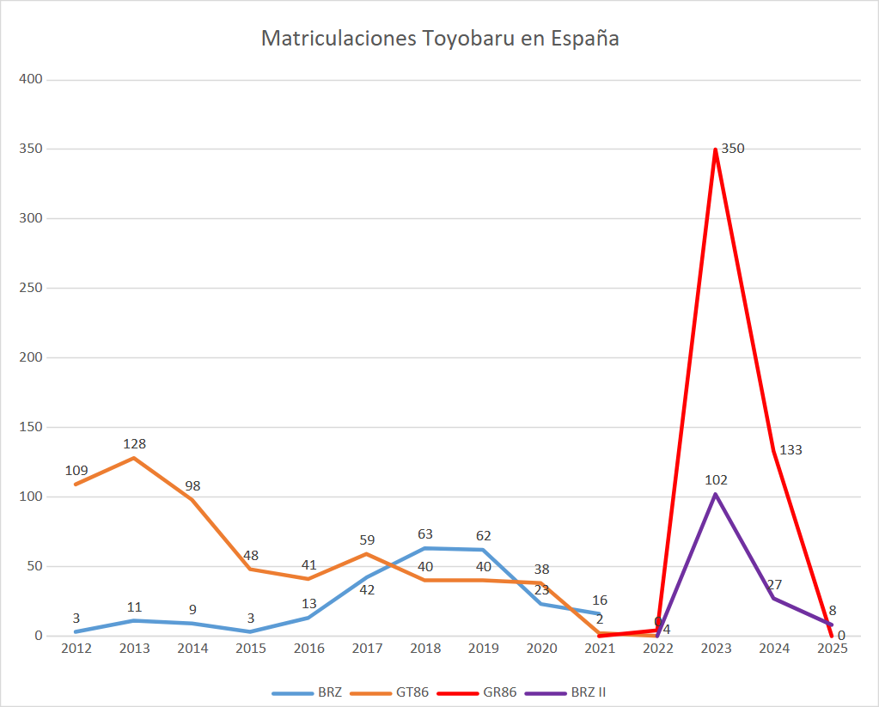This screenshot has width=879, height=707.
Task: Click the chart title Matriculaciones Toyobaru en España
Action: [x=440, y=40]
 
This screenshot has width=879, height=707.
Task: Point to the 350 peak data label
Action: [x=733, y=149]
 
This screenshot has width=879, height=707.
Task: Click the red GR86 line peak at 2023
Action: [x=715, y=149]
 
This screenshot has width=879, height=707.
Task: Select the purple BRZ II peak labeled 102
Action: [x=715, y=494]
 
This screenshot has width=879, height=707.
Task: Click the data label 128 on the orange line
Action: [x=134, y=444]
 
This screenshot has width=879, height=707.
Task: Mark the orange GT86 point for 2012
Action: [x=76, y=485]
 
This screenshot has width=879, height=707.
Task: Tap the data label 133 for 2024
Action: [x=790, y=450]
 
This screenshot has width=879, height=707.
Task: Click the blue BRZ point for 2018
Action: [x=424, y=548]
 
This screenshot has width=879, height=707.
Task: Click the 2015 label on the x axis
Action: [x=251, y=649]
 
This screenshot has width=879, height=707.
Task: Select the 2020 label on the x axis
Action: [x=541, y=649]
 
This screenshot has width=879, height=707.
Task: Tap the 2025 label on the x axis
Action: [x=832, y=649]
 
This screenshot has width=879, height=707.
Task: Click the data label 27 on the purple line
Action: [x=773, y=584]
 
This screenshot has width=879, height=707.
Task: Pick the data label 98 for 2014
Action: [x=192, y=486]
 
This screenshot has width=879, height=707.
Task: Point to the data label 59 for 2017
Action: [x=367, y=540]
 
